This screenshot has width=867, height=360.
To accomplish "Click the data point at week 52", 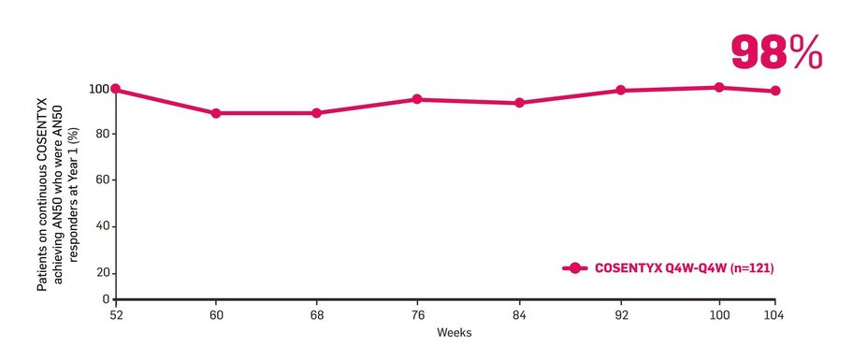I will (x=115, y=89).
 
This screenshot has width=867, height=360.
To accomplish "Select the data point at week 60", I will (x=216, y=113).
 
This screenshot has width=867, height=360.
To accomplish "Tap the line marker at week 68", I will (x=316, y=113).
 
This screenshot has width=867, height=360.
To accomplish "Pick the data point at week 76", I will (x=417, y=99).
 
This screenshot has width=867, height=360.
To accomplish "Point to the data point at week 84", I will (x=519, y=103).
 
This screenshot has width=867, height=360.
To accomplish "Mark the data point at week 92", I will (x=620, y=91).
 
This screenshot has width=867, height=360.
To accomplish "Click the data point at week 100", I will (x=719, y=87).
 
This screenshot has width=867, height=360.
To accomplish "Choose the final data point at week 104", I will (x=775, y=91).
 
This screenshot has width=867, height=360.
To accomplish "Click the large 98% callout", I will (x=776, y=53).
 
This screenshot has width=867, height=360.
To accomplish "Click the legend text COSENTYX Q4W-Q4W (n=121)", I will (x=685, y=268).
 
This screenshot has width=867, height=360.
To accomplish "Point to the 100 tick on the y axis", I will (x=99, y=89).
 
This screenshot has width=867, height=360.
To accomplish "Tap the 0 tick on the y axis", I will (x=106, y=298).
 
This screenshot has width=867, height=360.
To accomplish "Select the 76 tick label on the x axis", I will (x=417, y=315).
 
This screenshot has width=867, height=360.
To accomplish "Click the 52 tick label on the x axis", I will (x=115, y=315).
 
